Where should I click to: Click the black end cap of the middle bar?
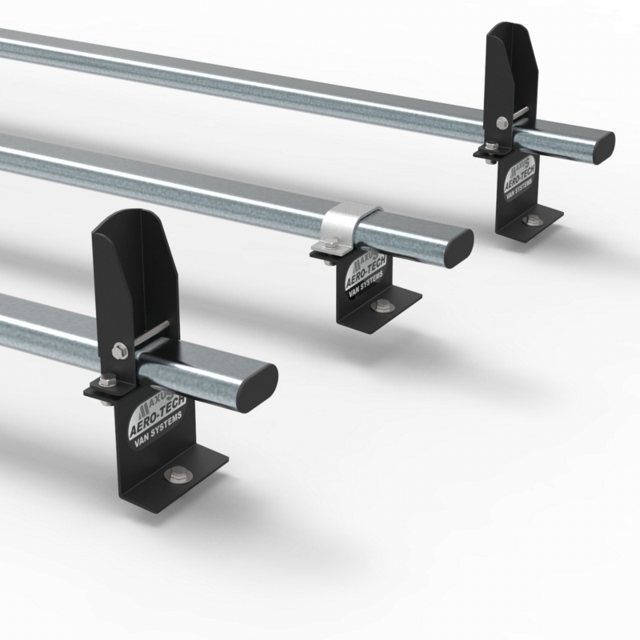coord(459,245)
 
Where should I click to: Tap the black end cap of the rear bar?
coord(602,146)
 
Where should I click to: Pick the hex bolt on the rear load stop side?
coord(502,122)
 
